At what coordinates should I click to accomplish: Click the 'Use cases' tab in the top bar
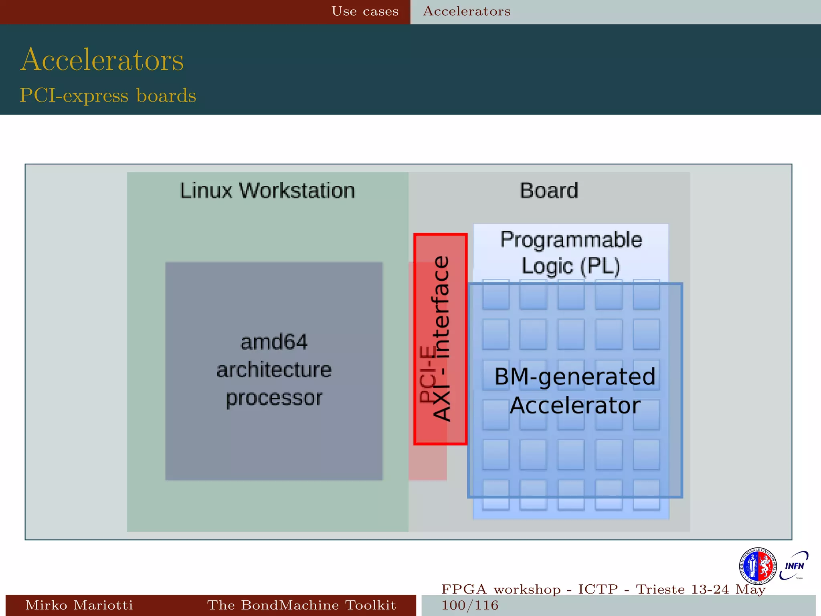click(x=365, y=11)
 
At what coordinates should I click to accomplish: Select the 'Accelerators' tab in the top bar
click(x=467, y=11)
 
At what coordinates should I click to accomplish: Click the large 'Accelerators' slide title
click(x=102, y=60)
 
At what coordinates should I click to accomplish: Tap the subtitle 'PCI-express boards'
click(x=108, y=95)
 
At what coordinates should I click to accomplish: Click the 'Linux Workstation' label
click(x=267, y=190)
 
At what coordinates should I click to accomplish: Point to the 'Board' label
click(x=549, y=190)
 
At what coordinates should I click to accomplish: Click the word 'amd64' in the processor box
click(x=274, y=342)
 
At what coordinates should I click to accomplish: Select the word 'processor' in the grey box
click(x=274, y=398)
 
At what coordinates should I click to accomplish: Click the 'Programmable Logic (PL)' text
click(x=571, y=253)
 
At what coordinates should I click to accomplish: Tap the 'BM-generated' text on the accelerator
click(x=575, y=377)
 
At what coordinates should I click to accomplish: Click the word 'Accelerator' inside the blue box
click(x=575, y=405)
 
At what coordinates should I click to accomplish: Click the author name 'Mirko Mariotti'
click(x=79, y=605)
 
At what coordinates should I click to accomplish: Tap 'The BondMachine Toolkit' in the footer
click(x=301, y=605)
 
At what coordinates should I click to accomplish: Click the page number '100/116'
click(x=470, y=605)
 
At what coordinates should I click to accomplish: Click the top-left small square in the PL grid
click(x=496, y=295)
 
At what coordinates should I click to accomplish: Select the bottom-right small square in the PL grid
click(x=646, y=495)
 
